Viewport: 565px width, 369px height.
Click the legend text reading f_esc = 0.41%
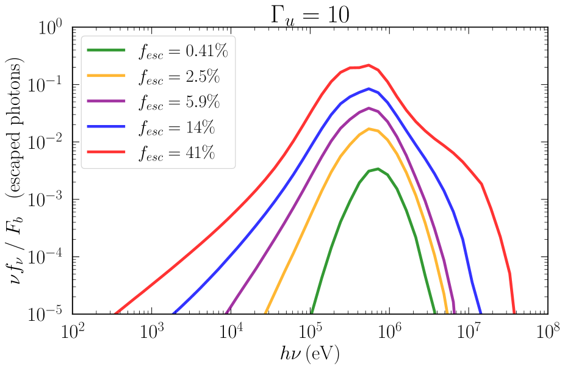pyautogui.click(x=183, y=52)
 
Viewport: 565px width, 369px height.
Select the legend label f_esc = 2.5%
pyautogui.click(x=179, y=77)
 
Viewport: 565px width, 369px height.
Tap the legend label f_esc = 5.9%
pyautogui.click(x=179, y=102)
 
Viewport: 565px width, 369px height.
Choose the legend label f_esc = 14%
pyautogui.click(x=176, y=127)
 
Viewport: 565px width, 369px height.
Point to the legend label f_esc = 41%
pyautogui.click(x=176, y=152)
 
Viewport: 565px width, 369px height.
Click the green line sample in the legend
pyautogui.click(x=106, y=50)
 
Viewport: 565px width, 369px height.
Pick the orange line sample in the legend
pyautogui.click(x=106, y=75)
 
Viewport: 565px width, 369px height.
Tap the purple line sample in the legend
pyautogui.click(x=106, y=101)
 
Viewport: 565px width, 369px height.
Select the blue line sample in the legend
pyautogui.click(x=106, y=126)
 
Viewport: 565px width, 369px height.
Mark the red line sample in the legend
pyautogui.click(x=106, y=151)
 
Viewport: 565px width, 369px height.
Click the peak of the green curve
pyautogui.click(x=378, y=168)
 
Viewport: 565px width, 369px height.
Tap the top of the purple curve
pyautogui.click(x=369, y=108)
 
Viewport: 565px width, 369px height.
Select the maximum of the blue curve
pyautogui.click(x=369, y=88)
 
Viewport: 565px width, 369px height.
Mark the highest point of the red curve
pyautogui.click(x=368, y=64)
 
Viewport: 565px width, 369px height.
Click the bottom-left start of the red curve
pyautogui.click(x=115, y=313)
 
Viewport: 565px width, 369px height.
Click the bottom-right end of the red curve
pyautogui.click(x=514, y=313)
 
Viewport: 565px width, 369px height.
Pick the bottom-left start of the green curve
pyautogui.click(x=312, y=313)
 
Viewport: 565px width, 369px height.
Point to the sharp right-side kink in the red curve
pyautogui.click(x=482, y=184)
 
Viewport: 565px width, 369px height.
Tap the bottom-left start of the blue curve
pyautogui.click(x=174, y=313)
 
